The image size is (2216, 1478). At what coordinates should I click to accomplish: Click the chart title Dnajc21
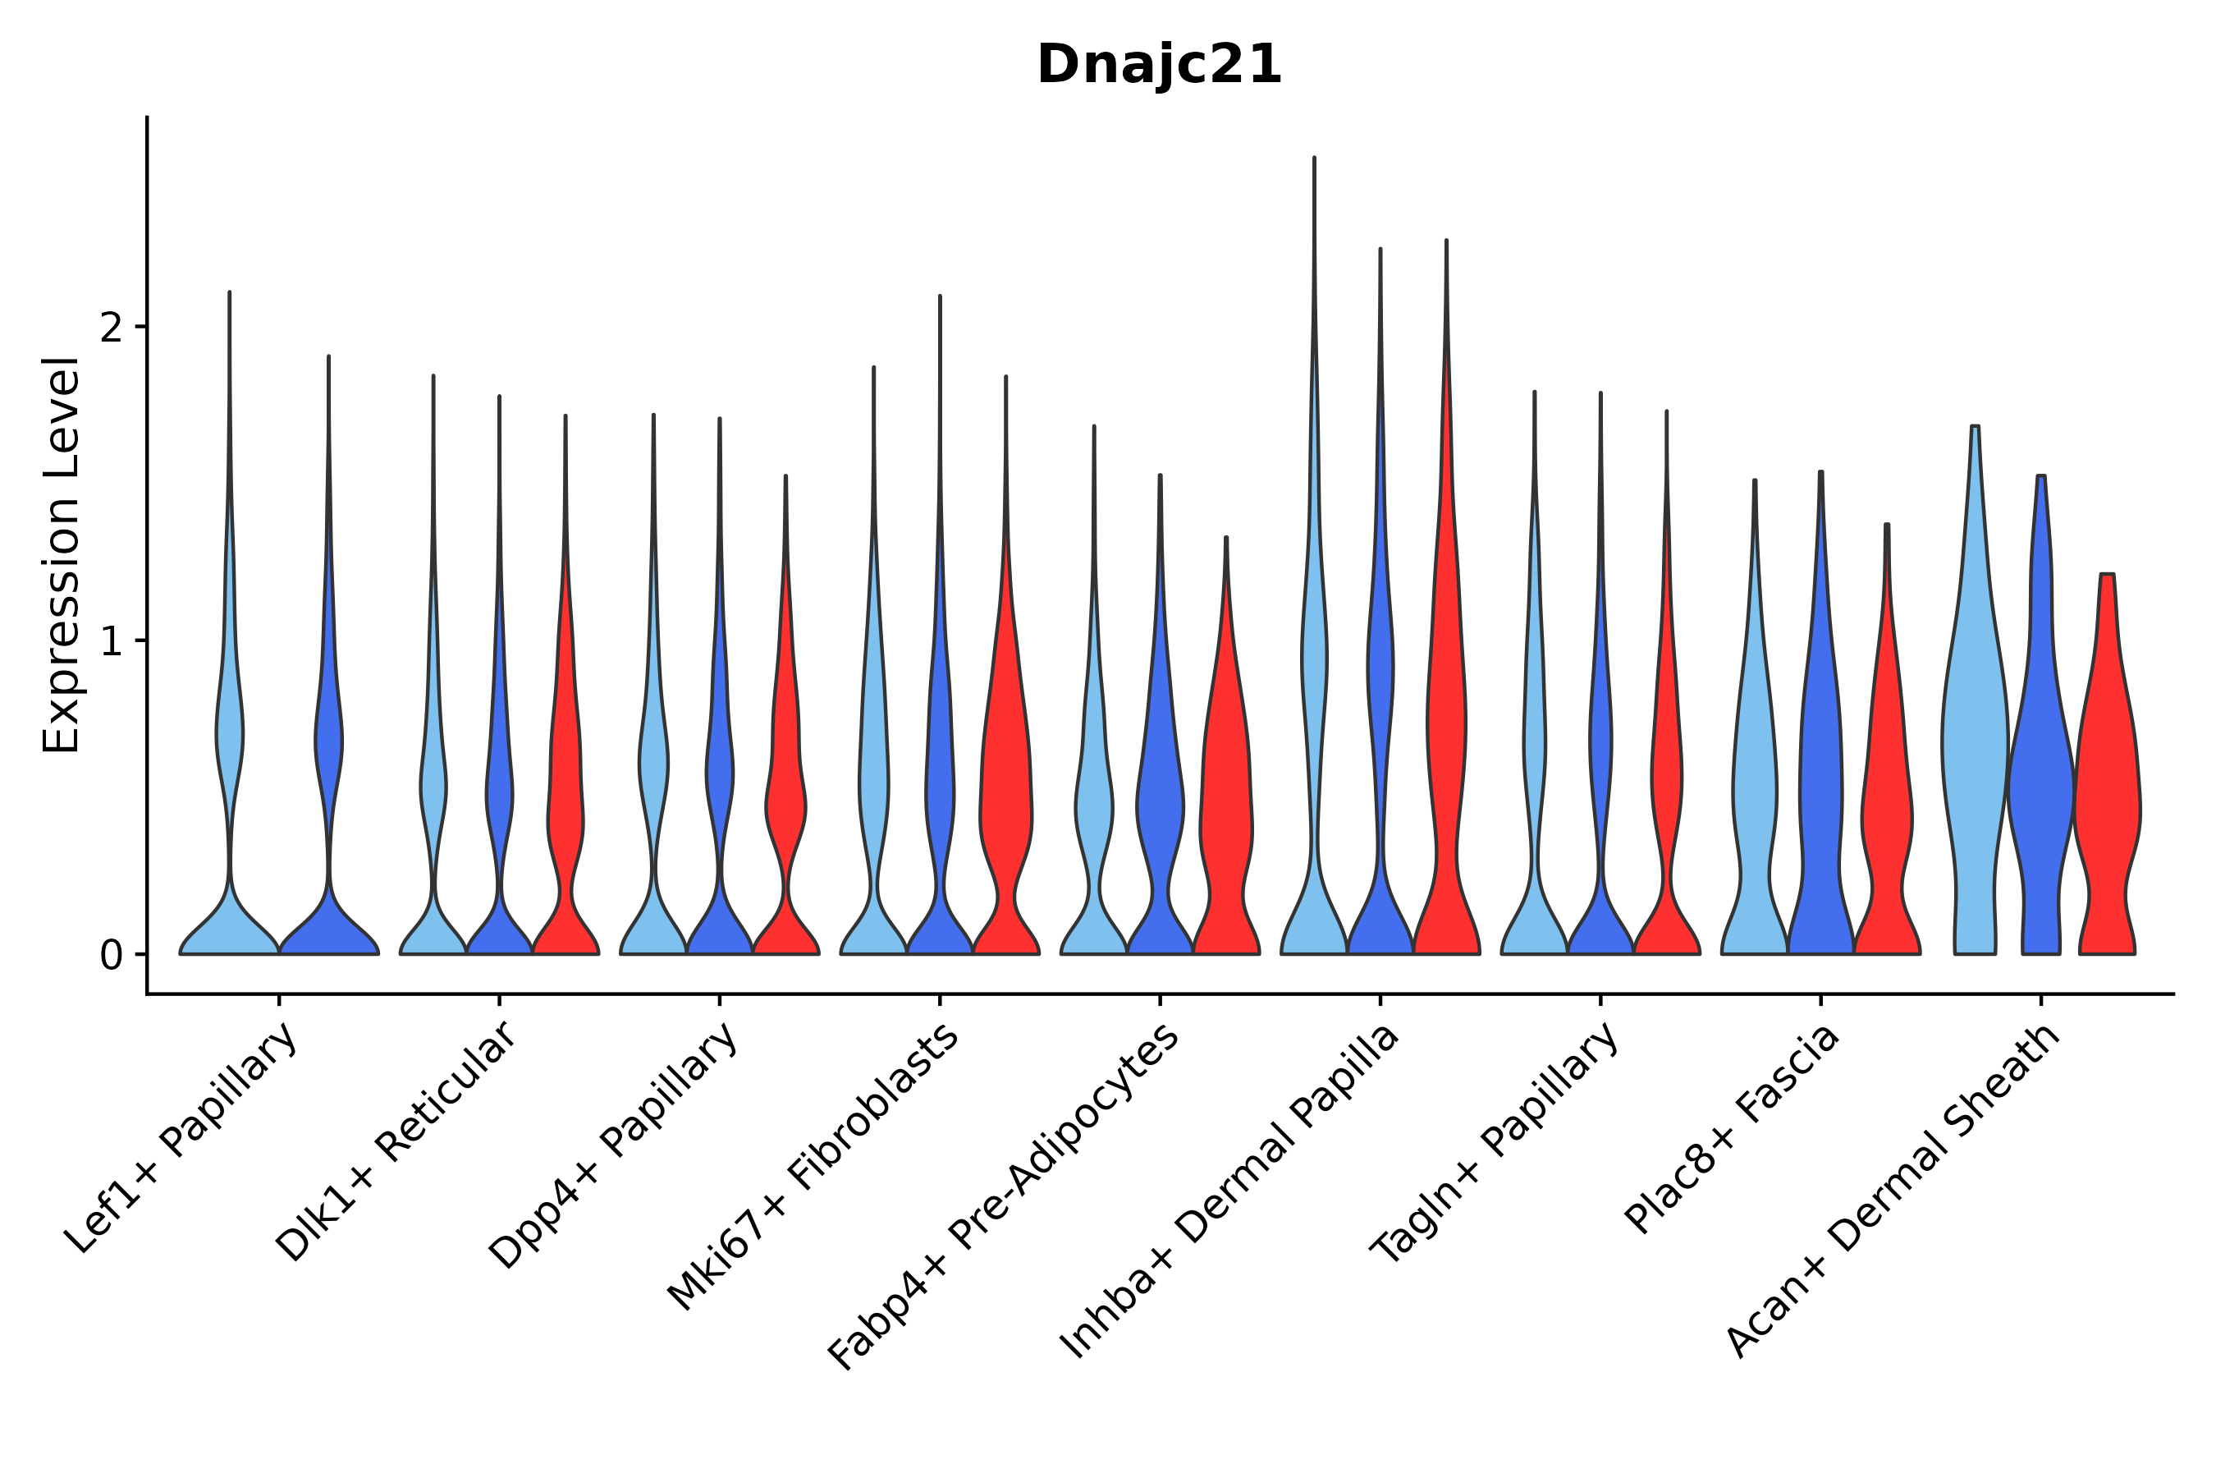pyautogui.click(x=1159, y=66)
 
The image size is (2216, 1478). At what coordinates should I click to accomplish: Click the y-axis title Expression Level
pyautogui.click(x=62, y=555)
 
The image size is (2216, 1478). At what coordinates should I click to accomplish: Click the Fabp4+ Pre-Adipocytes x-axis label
pyautogui.click(x=1005, y=1197)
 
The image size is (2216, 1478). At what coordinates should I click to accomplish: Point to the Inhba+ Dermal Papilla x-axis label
pyautogui.click(x=1230, y=1192)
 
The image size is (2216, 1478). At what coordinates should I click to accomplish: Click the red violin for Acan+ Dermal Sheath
pyautogui.click(x=2108, y=801)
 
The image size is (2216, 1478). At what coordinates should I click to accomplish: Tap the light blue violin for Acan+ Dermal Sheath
pyautogui.click(x=1975, y=754)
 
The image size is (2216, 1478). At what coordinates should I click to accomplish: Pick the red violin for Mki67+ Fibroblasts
pyautogui.click(x=1006, y=801)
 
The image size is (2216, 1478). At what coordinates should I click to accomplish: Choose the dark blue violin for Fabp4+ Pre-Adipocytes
pyautogui.click(x=1160, y=801)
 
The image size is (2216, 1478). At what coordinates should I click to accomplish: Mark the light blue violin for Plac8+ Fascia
pyautogui.click(x=1755, y=801)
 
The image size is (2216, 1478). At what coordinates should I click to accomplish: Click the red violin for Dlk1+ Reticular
pyautogui.click(x=565, y=801)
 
